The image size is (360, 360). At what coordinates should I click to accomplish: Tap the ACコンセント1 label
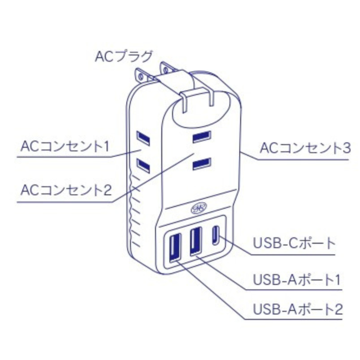[64, 147]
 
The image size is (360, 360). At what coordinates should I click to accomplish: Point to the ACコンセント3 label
[305, 148]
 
